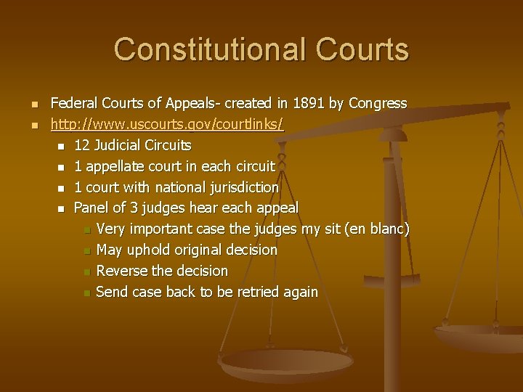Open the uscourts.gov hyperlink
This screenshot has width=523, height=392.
(x=167, y=125)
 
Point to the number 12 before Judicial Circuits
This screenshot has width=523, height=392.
(x=82, y=146)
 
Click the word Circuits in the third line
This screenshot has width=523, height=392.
(x=166, y=146)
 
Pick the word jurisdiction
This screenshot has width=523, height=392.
(x=242, y=187)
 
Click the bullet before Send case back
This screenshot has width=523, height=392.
(x=86, y=293)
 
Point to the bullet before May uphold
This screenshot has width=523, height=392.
(x=86, y=250)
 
